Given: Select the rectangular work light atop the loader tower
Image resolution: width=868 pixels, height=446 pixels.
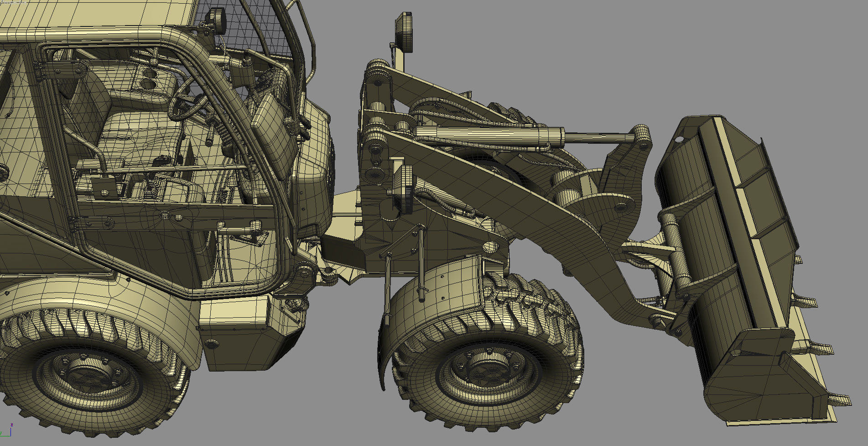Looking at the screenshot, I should coord(404,32).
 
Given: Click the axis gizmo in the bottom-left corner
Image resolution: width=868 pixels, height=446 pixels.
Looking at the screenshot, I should coord(5,429).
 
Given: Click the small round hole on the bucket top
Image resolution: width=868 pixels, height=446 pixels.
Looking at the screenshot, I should coord(679,139).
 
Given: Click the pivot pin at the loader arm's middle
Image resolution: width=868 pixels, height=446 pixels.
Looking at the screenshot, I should coord(490,247).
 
